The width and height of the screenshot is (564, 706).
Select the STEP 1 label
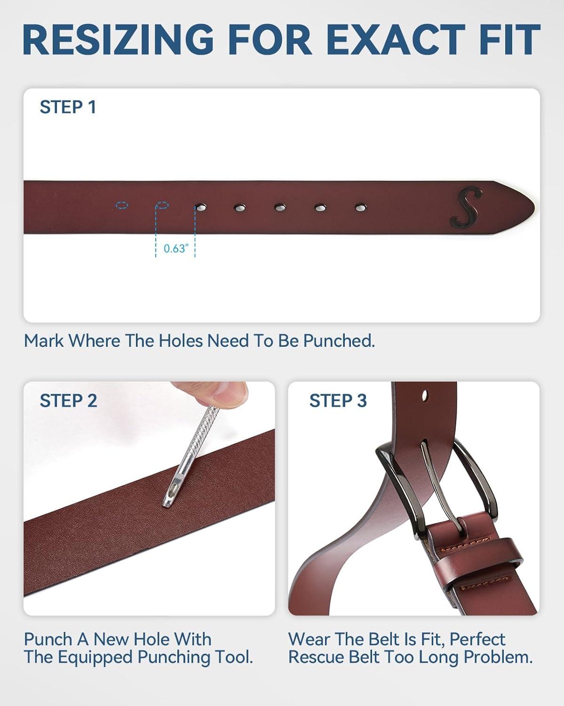tap(68, 107)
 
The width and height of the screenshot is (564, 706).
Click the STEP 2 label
tap(69, 401)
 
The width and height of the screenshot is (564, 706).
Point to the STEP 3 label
tap(338, 401)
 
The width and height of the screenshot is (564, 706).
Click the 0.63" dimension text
tap(176, 249)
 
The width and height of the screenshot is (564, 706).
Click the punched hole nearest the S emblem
tap(361, 208)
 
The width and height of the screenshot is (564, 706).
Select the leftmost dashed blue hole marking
tap(122, 206)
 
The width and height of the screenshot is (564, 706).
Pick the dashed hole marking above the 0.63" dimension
tap(162, 206)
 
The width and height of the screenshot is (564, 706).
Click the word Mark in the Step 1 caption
tap(44, 341)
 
